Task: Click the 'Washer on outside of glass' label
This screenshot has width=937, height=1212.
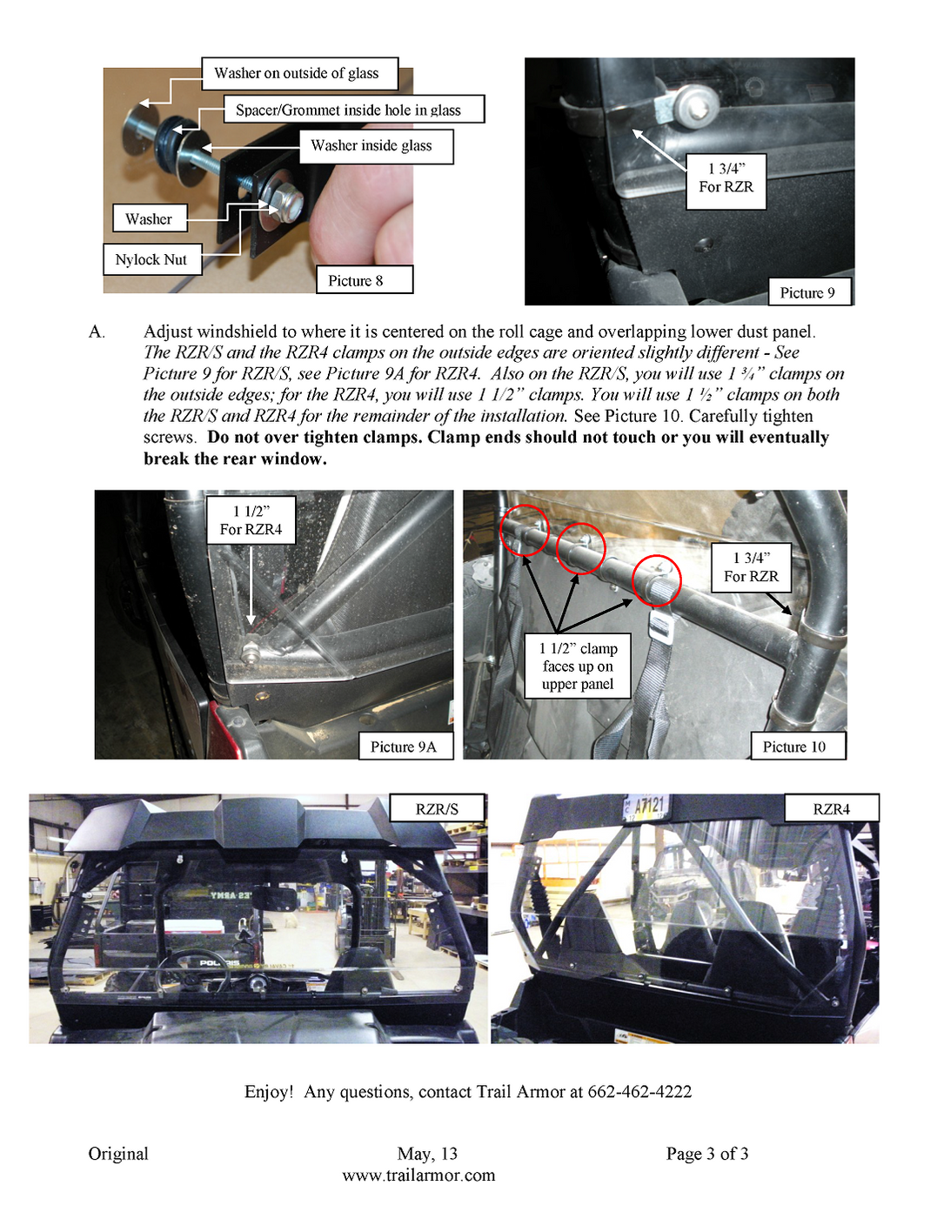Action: tap(299, 74)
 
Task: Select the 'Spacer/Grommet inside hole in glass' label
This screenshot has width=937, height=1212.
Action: tap(348, 110)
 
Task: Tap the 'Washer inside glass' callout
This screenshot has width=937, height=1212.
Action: tap(375, 146)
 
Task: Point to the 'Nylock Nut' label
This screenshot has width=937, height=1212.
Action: tap(151, 260)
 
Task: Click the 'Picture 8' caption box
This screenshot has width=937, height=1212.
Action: tap(363, 280)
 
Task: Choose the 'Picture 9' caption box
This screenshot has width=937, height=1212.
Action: tap(807, 292)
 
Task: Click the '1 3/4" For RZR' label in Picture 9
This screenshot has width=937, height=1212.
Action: tap(726, 178)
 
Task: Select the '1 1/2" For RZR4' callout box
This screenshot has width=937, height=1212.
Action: tap(251, 520)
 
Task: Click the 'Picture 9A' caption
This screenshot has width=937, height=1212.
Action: tap(405, 747)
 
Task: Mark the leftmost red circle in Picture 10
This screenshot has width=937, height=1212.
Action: tap(525, 529)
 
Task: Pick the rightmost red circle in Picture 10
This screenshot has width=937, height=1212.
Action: tap(656, 579)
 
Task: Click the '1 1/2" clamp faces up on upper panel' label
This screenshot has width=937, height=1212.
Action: tap(578, 666)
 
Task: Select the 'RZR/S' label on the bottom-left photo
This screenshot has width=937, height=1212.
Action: tap(437, 809)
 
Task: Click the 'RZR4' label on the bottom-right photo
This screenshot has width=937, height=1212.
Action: tap(831, 809)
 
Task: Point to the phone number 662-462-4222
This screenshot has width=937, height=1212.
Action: tap(639, 1092)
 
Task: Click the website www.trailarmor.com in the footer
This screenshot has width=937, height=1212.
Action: tap(418, 1175)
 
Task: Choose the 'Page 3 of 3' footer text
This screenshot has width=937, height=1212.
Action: tap(707, 1154)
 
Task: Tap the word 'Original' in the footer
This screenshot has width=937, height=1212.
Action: tap(118, 1154)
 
